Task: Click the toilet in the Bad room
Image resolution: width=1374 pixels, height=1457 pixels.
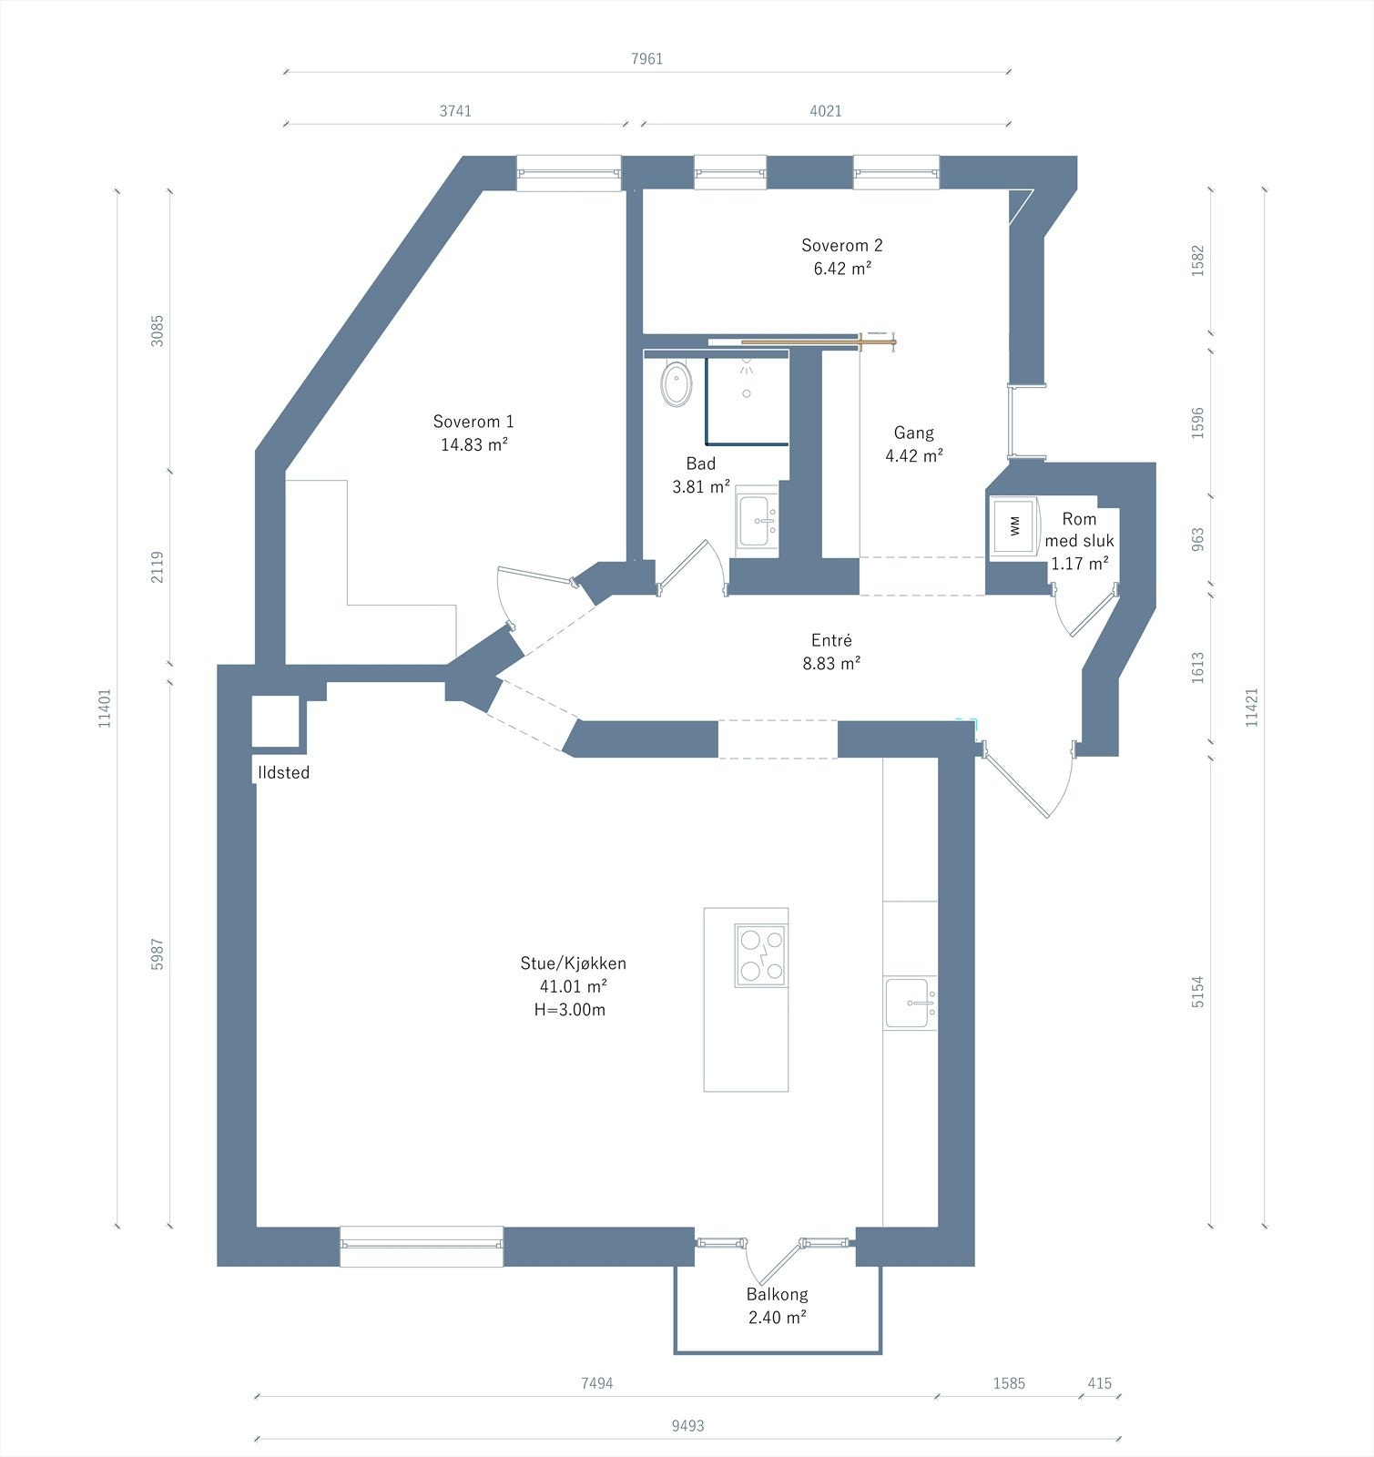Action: pyautogui.click(x=677, y=383)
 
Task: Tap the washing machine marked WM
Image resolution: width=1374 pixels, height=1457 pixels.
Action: pyautogui.click(x=1014, y=525)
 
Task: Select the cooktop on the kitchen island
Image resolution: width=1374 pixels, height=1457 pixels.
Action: pyautogui.click(x=760, y=955)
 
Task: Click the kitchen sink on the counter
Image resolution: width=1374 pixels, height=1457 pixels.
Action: pyautogui.click(x=910, y=1004)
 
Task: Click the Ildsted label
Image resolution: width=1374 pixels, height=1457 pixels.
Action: pyautogui.click(x=284, y=772)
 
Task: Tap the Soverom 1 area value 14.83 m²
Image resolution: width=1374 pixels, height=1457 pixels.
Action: pyautogui.click(x=473, y=444)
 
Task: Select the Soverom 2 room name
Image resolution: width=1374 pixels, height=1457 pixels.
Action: pyautogui.click(x=842, y=245)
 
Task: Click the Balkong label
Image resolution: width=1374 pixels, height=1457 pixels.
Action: pyautogui.click(x=777, y=1294)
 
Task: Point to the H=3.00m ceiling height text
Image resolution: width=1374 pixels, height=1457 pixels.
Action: pyautogui.click(x=570, y=1009)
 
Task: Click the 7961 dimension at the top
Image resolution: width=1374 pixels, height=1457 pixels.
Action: pyautogui.click(x=647, y=59)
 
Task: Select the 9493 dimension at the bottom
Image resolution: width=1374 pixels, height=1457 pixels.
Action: pyautogui.click(x=687, y=1426)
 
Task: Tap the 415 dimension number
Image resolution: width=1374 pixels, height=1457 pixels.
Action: pyautogui.click(x=1100, y=1383)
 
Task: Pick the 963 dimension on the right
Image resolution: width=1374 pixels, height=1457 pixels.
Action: pyautogui.click(x=1198, y=539)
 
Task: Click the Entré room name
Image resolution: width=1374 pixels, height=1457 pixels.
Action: pyautogui.click(x=831, y=640)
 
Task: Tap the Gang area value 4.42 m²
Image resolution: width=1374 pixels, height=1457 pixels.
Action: pyautogui.click(x=913, y=455)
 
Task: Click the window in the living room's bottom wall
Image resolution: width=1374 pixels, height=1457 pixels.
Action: pyautogui.click(x=422, y=1246)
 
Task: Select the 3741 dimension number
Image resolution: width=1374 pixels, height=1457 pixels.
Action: pyautogui.click(x=455, y=111)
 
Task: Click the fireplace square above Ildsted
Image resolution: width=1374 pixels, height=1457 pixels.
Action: pyautogui.click(x=276, y=722)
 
